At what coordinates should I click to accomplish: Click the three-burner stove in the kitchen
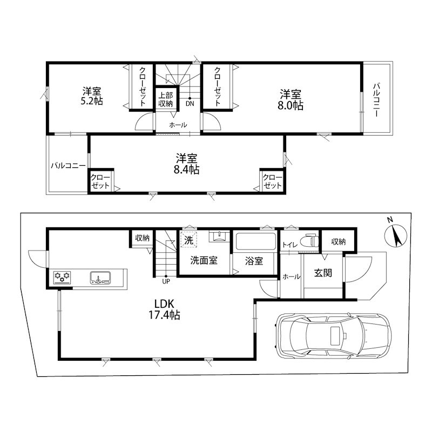pos(63,278)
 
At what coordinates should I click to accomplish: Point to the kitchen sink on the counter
pos(100,278)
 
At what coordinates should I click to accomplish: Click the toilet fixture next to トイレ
pos(309,241)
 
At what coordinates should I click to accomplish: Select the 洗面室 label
pos(204,260)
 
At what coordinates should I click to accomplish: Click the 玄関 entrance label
pos(323,273)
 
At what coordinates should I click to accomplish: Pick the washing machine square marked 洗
pos(188,240)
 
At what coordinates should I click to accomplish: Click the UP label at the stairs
pos(166,281)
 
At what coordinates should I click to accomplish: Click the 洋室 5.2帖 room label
pos(92,96)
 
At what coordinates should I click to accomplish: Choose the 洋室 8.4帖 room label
pos(187,164)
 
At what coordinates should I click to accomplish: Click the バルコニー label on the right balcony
pos(377,100)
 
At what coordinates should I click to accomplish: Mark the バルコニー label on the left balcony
pos(67,166)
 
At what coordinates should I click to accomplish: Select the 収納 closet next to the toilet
pos(338,241)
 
